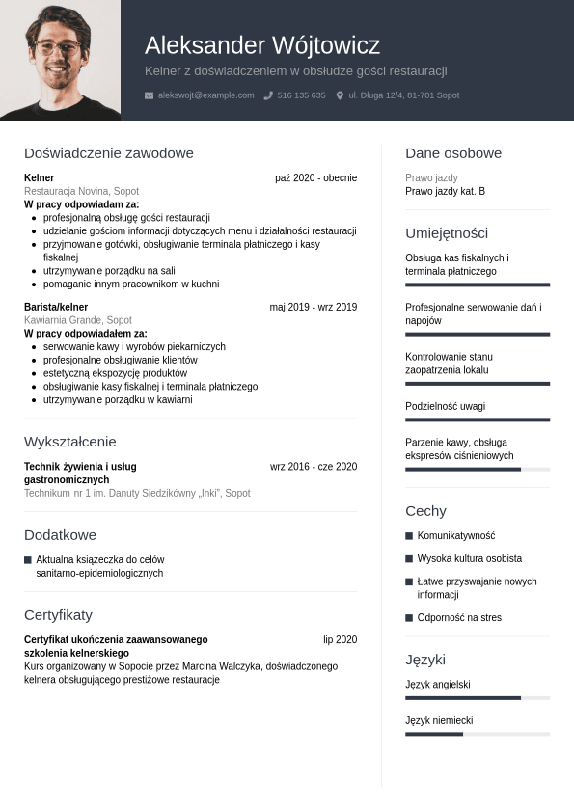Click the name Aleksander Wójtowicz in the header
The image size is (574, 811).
pyautogui.click(x=262, y=45)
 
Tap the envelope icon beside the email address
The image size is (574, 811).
pyautogui.click(x=149, y=95)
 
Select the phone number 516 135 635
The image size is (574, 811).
pyautogui.click(x=301, y=95)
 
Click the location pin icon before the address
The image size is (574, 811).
pyautogui.click(x=340, y=95)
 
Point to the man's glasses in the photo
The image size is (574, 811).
pyautogui.click(x=58, y=46)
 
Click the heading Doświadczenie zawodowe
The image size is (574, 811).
pyautogui.click(x=109, y=153)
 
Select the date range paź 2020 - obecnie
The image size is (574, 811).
pyautogui.click(x=315, y=178)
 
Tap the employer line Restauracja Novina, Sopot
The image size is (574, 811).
pyautogui.click(x=81, y=191)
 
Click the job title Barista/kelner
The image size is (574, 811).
pyautogui.click(x=56, y=308)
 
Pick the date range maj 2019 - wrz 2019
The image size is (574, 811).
pyautogui.click(x=313, y=308)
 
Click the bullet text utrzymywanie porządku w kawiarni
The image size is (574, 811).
pyautogui.click(x=118, y=399)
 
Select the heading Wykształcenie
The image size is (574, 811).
pyautogui.click(x=69, y=442)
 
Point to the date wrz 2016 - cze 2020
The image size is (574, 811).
pyautogui.click(x=314, y=467)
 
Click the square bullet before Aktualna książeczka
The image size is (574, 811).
pyautogui.click(x=28, y=560)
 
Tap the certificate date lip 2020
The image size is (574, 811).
pyautogui.click(x=340, y=640)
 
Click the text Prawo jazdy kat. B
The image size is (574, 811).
pyautogui.click(x=445, y=191)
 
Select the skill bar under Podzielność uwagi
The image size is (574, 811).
pyautogui.click(x=478, y=419)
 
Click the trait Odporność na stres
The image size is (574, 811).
pyautogui.click(x=459, y=618)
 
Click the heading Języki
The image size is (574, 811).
pyautogui.click(x=425, y=661)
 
